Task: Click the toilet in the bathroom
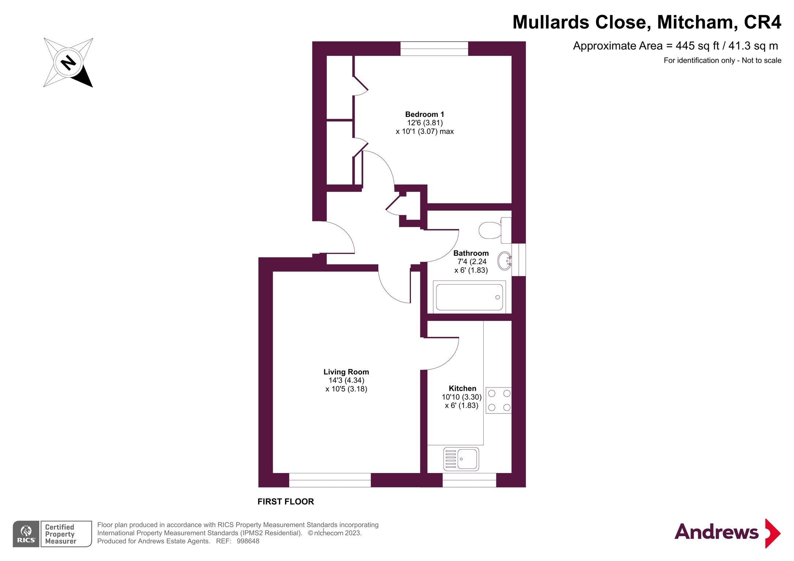[494, 230]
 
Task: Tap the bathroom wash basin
[504, 261]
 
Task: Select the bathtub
[469, 297]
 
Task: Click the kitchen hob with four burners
[499, 400]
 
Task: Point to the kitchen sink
[461, 459]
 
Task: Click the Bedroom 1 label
[424, 114]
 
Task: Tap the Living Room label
[346, 372]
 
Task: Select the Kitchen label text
[462, 388]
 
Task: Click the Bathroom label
[471, 253]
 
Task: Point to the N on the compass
[68, 62]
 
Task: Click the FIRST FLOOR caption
[286, 501]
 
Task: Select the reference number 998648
[248, 541]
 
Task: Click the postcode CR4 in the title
[763, 22]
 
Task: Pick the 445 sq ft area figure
[697, 46]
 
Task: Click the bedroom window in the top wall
[434, 49]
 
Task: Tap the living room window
[330, 480]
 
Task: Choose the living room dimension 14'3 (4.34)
[346, 381]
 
